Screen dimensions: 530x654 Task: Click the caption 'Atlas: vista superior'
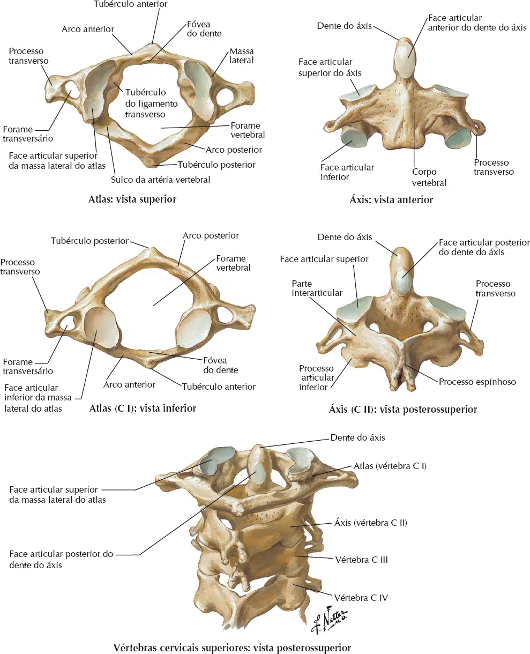coord(132,199)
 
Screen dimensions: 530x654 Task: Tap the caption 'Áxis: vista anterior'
coord(391,200)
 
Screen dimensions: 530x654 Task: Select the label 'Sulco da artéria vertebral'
coord(161,180)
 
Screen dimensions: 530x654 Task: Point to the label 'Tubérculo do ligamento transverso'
coord(151,103)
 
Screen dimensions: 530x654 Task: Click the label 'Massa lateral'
coord(242,56)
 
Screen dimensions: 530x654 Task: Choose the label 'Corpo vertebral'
coord(429,177)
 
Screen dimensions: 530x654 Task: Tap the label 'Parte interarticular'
coord(317,288)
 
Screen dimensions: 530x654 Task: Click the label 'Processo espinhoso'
coord(477,382)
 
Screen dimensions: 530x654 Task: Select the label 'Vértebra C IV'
coord(361,598)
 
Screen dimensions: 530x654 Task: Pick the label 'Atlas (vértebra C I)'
coord(390,466)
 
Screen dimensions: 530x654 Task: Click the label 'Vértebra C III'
coord(362,560)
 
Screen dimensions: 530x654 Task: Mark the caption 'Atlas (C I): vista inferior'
coord(143,408)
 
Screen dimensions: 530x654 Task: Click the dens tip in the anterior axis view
coord(405,40)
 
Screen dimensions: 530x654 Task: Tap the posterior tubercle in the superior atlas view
coord(152,162)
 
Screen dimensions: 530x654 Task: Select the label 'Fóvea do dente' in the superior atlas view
coord(204,29)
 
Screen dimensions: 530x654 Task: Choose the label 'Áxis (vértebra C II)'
coord(371,523)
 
